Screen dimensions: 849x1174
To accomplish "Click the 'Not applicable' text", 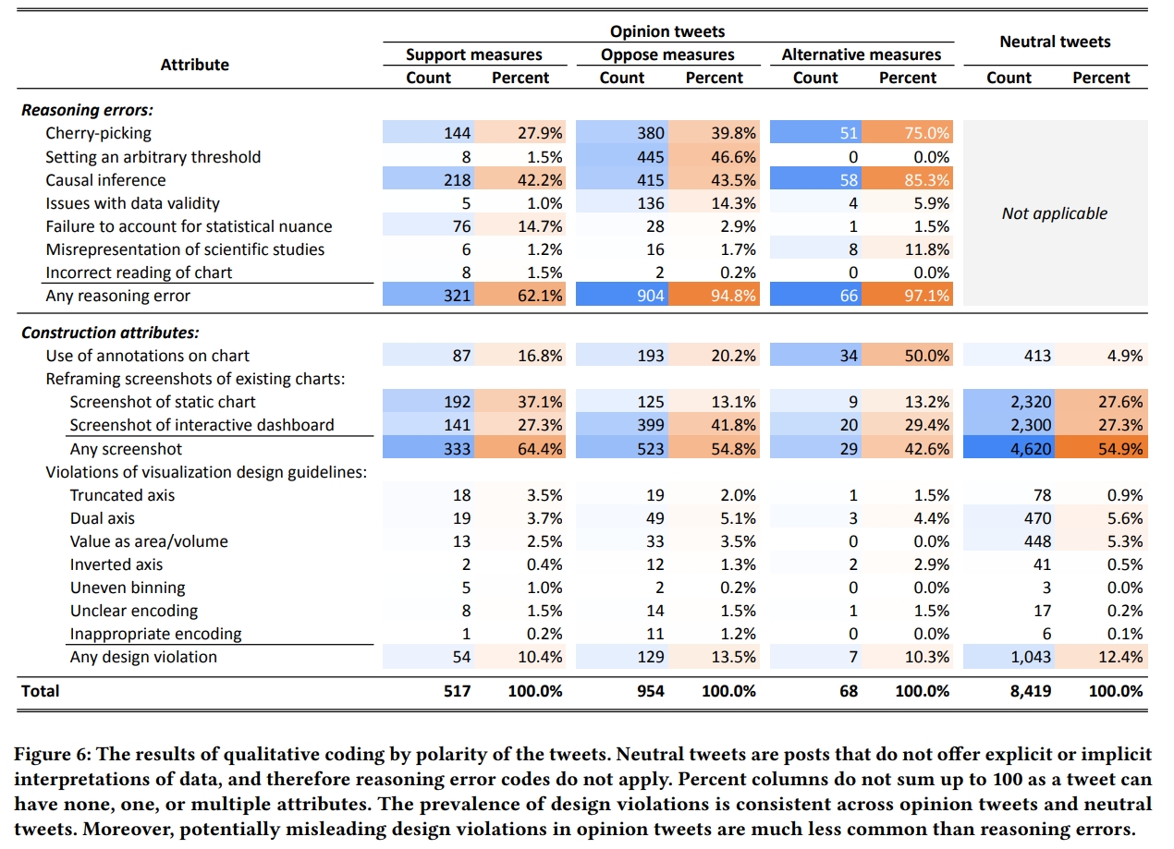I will [1054, 213].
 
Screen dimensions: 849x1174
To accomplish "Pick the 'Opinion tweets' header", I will [667, 32].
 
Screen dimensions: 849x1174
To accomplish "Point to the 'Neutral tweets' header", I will [1055, 42].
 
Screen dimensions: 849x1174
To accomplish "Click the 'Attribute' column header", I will [194, 65].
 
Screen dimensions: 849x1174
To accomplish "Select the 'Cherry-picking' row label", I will [99, 134].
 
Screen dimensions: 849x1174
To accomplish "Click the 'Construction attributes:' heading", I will [110, 333].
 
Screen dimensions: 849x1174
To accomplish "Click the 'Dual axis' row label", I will [103, 518].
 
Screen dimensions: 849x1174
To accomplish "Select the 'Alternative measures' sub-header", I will [861, 55].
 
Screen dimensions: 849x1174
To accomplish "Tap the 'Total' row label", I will [40, 691].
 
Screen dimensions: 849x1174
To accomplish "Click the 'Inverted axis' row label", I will [116, 564].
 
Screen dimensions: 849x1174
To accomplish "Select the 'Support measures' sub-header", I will [473, 55].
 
